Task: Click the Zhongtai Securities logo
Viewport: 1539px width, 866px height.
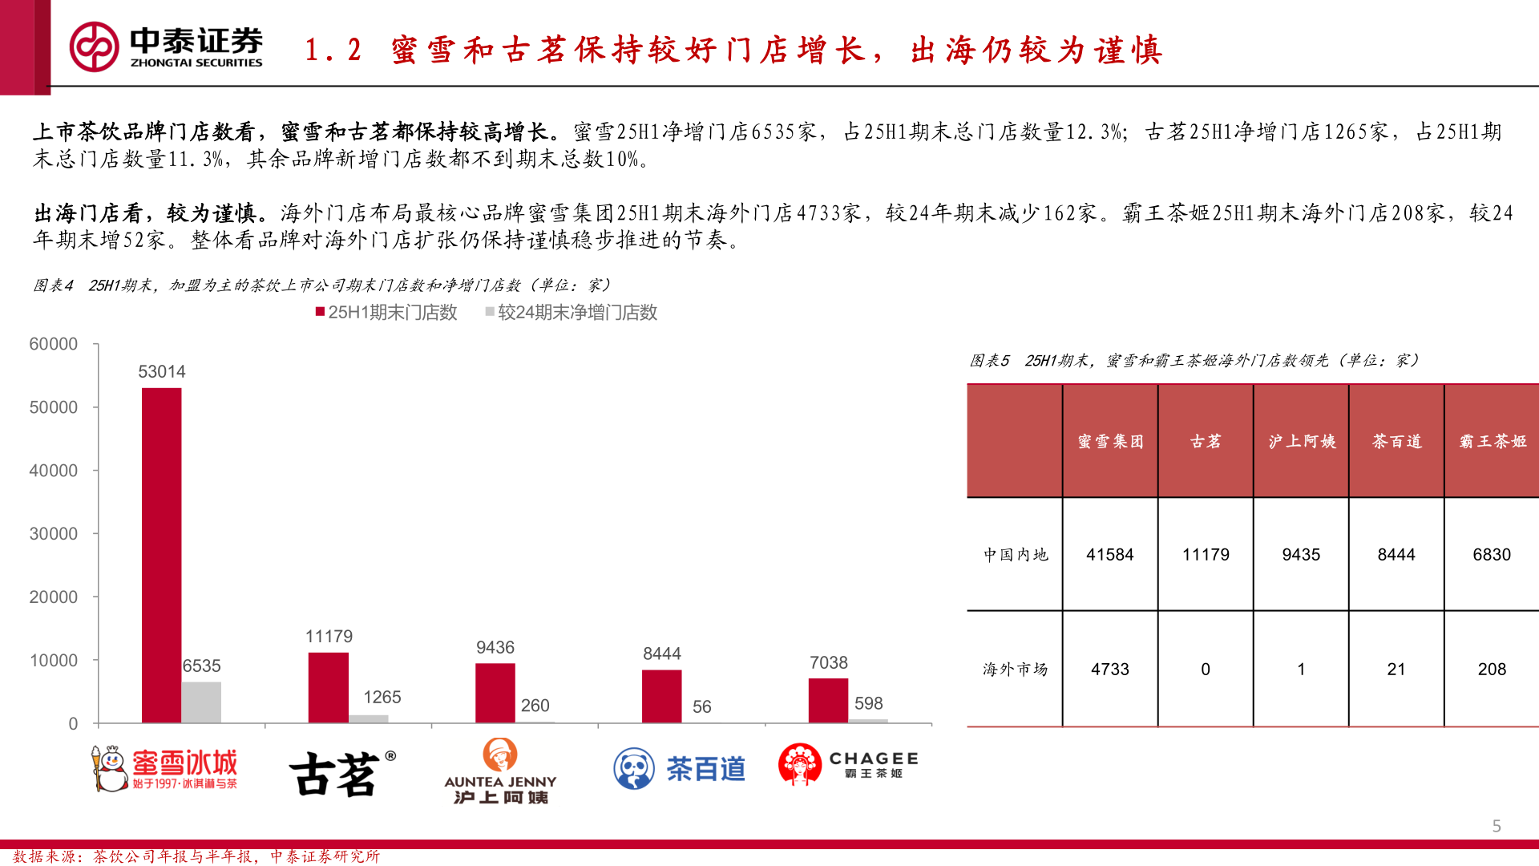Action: click(166, 47)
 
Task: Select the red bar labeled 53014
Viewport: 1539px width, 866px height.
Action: click(161, 555)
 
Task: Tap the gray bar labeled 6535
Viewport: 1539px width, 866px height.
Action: click(201, 702)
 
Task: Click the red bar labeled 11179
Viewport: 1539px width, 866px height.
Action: click(328, 687)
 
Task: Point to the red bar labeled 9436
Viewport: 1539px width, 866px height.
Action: click(495, 693)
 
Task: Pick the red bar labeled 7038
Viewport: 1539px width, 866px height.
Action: click(828, 700)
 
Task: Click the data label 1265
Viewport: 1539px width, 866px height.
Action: click(382, 697)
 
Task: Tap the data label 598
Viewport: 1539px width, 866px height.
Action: click(868, 703)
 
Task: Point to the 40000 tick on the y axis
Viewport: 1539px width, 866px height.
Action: click(53, 471)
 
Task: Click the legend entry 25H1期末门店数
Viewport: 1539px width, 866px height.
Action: click(386, 312)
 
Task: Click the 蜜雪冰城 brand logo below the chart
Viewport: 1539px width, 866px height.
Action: click(164, 769)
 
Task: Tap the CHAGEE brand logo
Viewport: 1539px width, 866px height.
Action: click(847, 764)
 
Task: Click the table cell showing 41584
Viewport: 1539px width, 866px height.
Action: click(1109, 554)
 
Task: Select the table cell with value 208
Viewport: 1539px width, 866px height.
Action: click(1491, 669)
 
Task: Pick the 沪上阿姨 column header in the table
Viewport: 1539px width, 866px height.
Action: click(1301, 441)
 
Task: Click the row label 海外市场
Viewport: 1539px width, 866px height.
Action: click(1015, 669)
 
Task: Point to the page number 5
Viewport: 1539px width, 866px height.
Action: click(1496, 826)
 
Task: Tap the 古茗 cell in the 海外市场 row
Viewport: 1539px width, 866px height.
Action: click(1205, 669)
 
